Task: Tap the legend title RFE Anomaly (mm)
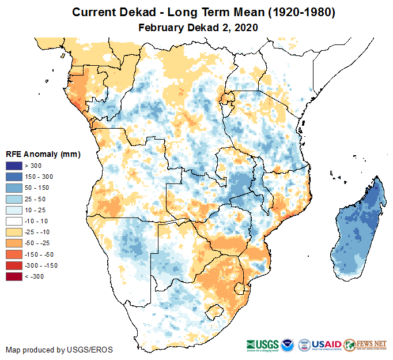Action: click(x=43, y=155)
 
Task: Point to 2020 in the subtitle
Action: click(x=245, y=27)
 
